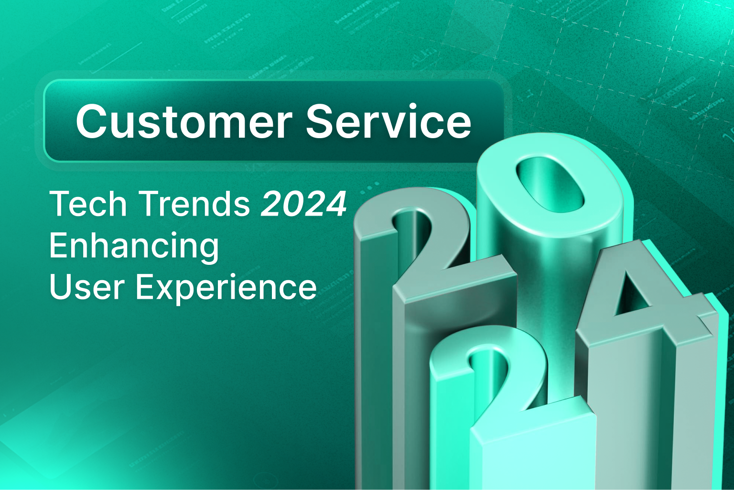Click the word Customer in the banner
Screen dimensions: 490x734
(x=184, y=121)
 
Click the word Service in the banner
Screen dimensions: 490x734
(x=389, y=121)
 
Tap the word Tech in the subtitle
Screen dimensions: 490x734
(x=88, y=204)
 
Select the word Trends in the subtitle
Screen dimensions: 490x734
(x=194, y=204)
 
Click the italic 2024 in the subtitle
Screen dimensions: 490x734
(x=304, y=204)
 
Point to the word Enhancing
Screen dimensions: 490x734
(x=134, y=246)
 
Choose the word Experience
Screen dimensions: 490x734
(x=227, y=288)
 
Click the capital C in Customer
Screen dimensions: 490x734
(x=92, y=121)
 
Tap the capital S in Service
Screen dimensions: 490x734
(x=322, y=121)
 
